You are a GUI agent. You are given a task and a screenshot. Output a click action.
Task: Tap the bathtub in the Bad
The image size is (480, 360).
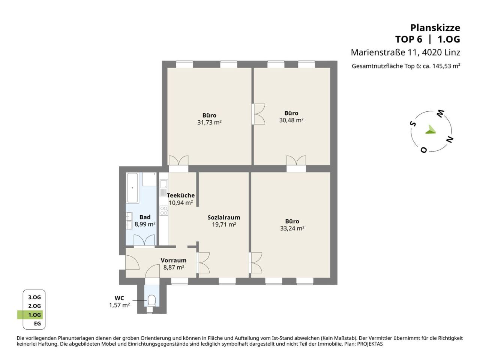pyautogui.click(x=132, y=187)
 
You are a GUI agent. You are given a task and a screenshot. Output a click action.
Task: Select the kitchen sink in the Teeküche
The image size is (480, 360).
pyautogui.click(x=163, y=187)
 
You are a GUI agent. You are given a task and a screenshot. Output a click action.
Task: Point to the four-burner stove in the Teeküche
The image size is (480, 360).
pyautogui.click(x=164, y=210)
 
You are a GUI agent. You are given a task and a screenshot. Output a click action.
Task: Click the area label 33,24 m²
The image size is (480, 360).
pyautogui.click(x=292, y=228)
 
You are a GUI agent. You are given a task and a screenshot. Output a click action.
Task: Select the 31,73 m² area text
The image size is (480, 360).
pyautogui.click(x=209, y=122)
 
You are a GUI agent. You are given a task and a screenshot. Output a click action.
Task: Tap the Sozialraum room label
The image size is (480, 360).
pyautogui.click(x=224, y=217)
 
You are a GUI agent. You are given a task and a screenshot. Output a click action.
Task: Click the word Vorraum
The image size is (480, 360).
pyautogui.click(x=174, y=260)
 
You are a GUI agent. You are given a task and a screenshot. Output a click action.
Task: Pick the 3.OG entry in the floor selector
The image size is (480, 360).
pyautogui.click(x=34, y=297)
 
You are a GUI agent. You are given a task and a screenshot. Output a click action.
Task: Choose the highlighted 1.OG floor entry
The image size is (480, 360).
pyautogui.click(x=34, y=315)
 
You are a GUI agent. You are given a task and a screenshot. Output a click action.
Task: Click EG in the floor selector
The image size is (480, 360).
pyautogui.click(x=37, y=324)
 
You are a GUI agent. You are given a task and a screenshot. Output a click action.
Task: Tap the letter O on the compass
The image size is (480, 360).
pyautogui.click(x=424, y=150)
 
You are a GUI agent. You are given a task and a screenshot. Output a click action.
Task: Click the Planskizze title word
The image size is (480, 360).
pyautogui.click(x=435, y=28)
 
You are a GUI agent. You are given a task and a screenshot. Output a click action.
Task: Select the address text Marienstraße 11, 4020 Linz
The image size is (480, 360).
pyautogui.click(x=405, y=52)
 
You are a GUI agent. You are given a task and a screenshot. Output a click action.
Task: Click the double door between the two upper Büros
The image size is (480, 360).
pyautogui.click(x=258, y=114)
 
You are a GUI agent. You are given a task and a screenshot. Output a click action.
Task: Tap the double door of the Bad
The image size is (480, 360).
pyautogui.click(x=144, y=241)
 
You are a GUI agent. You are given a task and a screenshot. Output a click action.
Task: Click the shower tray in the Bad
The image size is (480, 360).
pyautogui.click(x=150, y=179)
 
